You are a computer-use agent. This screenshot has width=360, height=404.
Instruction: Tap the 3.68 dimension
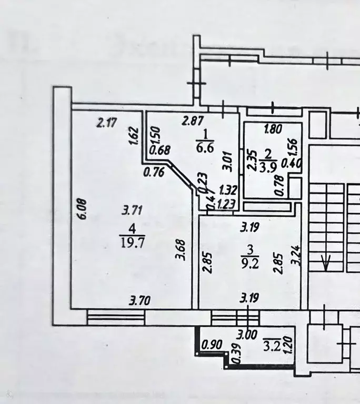180,258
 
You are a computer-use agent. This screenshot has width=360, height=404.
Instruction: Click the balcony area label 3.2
273,346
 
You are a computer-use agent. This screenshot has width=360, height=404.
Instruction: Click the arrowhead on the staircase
326,262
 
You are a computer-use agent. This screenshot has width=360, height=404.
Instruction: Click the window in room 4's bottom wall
116,317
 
